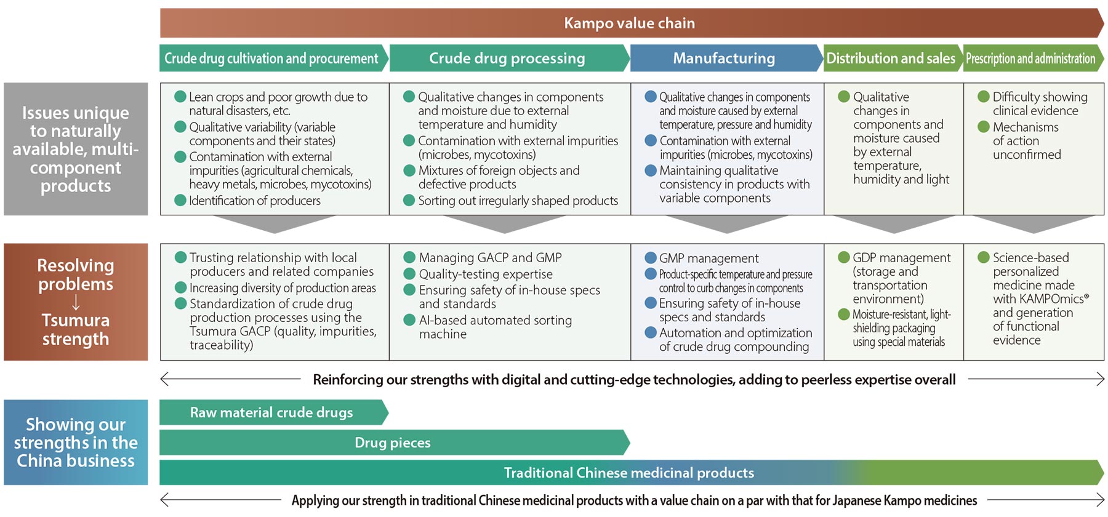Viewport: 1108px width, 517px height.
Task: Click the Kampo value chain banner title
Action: point(629,23)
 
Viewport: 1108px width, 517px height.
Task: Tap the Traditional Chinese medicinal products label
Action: point(629,473)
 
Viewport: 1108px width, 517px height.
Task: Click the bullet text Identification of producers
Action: point(255,201)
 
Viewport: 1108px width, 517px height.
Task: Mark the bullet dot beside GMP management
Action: point(651,258)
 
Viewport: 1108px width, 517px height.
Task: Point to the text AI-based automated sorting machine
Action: point(496,327)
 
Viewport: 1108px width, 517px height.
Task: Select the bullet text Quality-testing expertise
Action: point(486,274)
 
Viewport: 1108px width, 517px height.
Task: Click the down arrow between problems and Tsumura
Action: point(76,302)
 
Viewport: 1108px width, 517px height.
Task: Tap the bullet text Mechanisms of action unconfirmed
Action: point(1027,141)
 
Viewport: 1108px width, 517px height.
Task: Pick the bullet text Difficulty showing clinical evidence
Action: point(1040,104)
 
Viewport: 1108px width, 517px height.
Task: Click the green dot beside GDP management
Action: point(844,257)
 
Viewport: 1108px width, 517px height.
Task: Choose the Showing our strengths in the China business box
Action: point(76,443)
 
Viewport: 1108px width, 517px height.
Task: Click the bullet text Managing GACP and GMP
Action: point(490,258)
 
